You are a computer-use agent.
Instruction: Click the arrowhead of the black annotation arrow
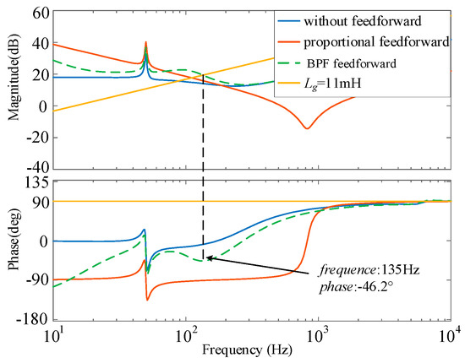[208, 258]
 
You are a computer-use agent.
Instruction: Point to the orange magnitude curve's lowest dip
[307, 128]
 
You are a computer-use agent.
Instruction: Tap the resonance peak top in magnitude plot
[145, 42]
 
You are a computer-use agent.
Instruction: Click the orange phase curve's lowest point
[148, 300]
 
